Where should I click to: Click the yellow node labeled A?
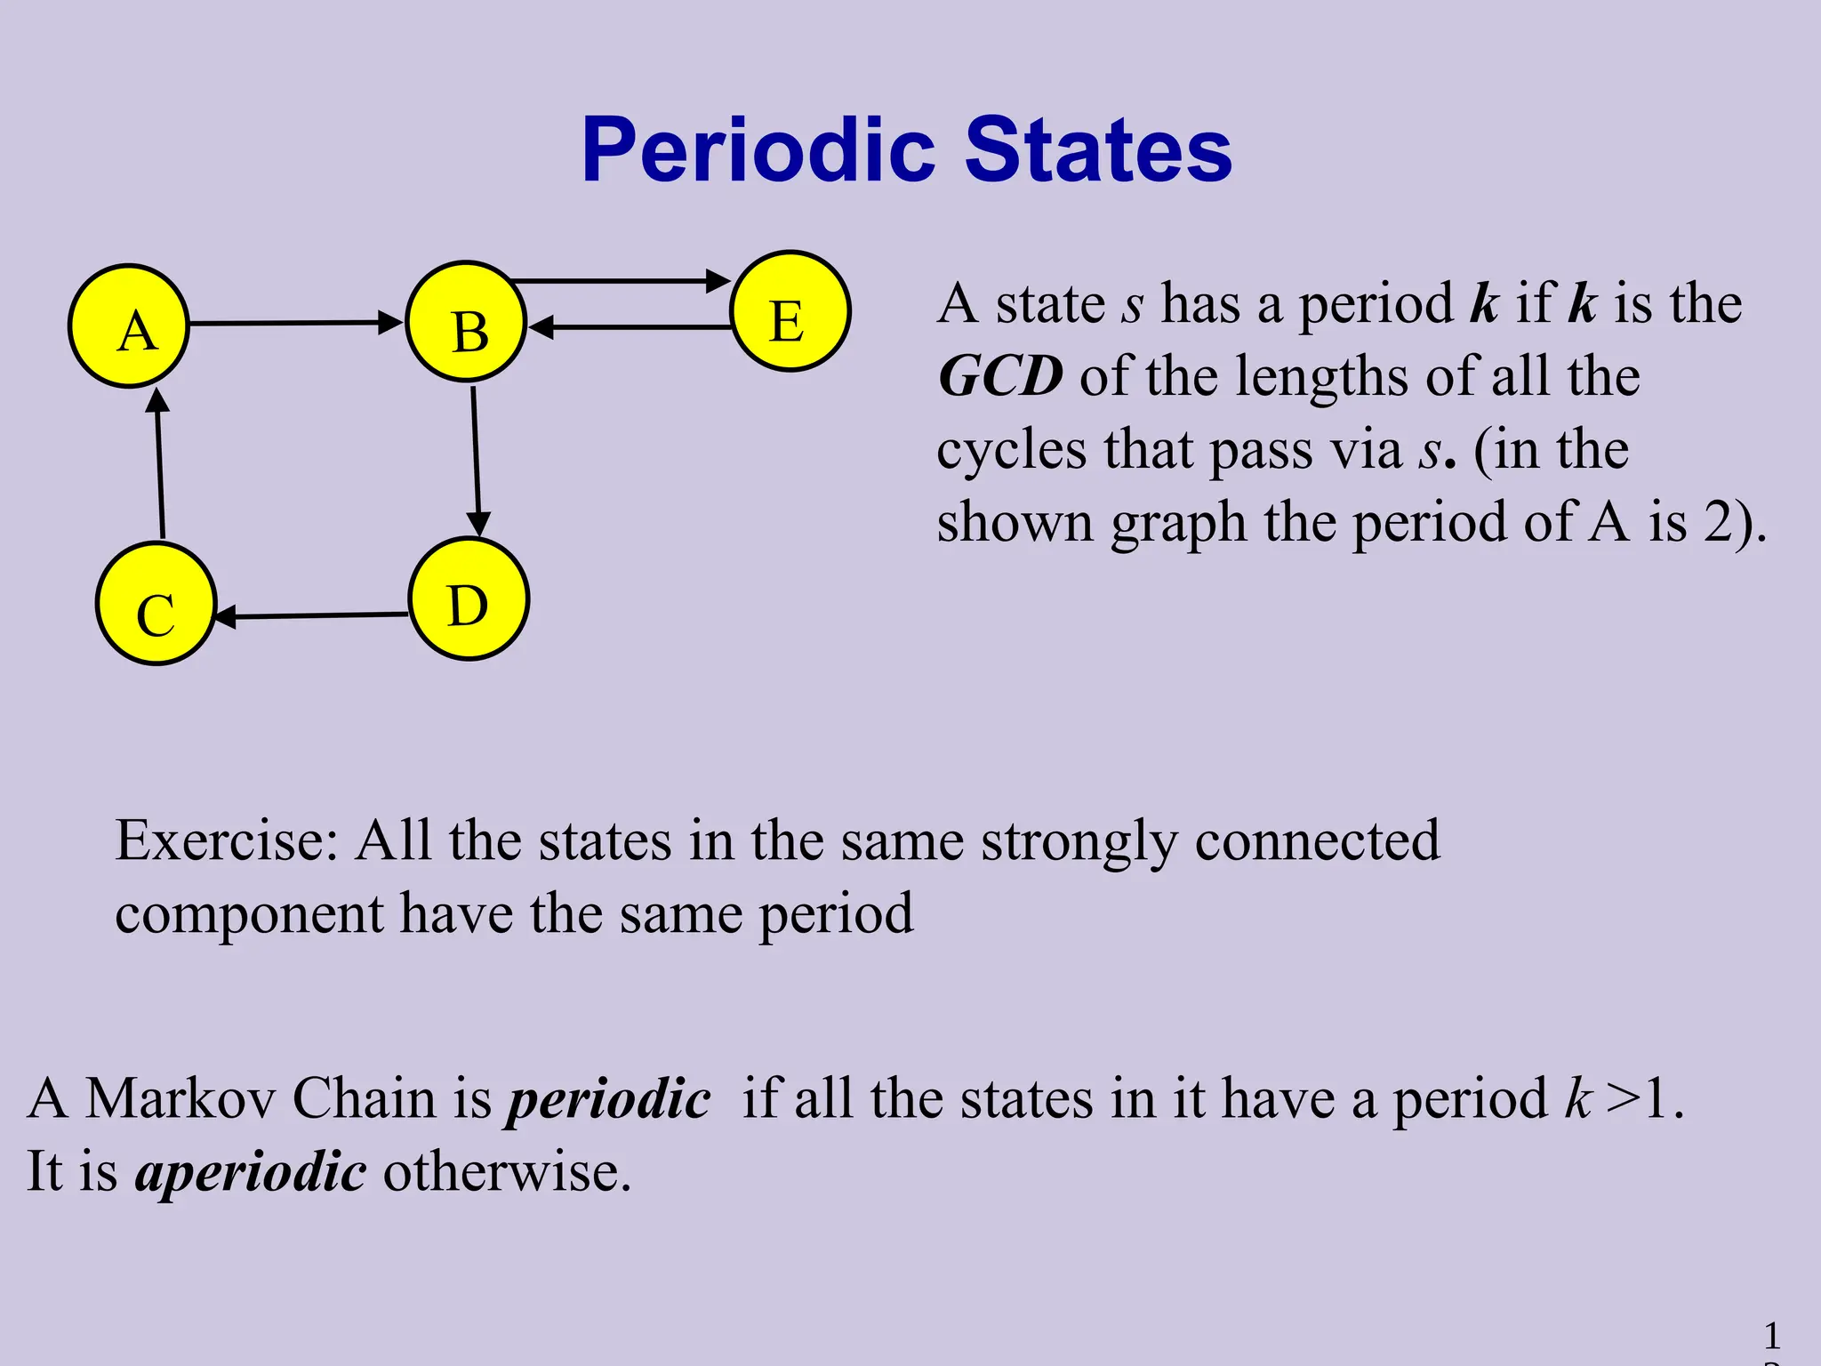[x=130, y=325]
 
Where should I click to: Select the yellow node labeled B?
[x=467, y=322]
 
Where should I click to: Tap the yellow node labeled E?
[x=790, y=311]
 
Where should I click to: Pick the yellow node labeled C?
[x=156, y=604]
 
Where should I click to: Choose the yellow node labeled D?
[x=469, y=599]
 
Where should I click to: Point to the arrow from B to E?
[x=621, y=281]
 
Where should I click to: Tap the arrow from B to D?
[x=476, y=461]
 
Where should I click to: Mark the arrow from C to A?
[x=160, y=464]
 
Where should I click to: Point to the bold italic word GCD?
[x=1001, y=376]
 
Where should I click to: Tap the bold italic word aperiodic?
[x=251, y=1171]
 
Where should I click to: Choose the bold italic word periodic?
[x=608, y=1099]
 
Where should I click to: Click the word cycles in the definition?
[x=1012, y=450]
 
